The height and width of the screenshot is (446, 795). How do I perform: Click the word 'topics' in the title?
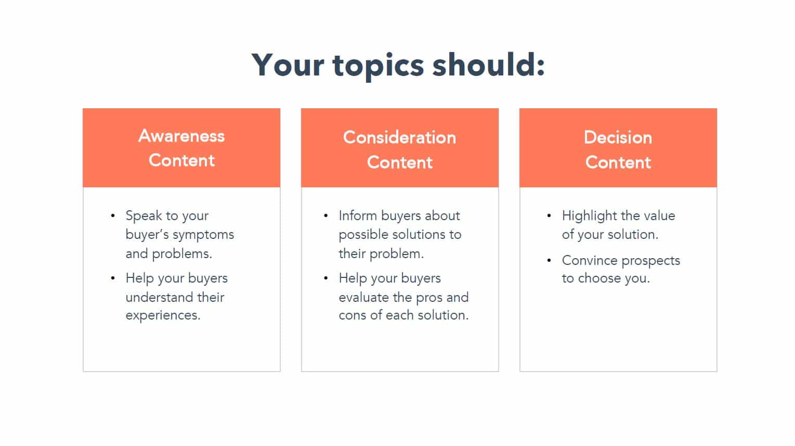(x=378, y=67)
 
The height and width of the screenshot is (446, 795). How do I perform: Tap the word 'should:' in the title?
(x=488, y=65)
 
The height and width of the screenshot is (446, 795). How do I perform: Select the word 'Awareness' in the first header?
(x=181, y=136)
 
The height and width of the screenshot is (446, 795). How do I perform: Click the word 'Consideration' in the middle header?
(x=400, y=137)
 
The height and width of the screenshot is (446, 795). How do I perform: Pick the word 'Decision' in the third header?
(x=618, y=137)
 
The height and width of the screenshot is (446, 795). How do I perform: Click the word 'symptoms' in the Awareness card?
(x=203, y=235)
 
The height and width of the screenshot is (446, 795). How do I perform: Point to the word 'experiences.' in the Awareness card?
(x=163, y=316)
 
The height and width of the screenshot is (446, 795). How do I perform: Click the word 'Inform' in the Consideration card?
(x=358, y=215)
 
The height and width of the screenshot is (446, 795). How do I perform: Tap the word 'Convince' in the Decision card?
(x=590, y=260)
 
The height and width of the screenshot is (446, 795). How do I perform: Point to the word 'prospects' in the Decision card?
(x=651, y=261)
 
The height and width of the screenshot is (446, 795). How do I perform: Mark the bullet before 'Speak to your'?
(x=113, y=215)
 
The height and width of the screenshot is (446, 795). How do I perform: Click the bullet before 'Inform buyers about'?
(x=326, y=215)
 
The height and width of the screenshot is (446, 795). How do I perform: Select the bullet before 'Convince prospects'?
(x=549, y=260)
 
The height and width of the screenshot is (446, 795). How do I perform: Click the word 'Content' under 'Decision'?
(x=618, y=162)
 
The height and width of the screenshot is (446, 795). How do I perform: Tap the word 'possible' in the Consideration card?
(x=361, y=235)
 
